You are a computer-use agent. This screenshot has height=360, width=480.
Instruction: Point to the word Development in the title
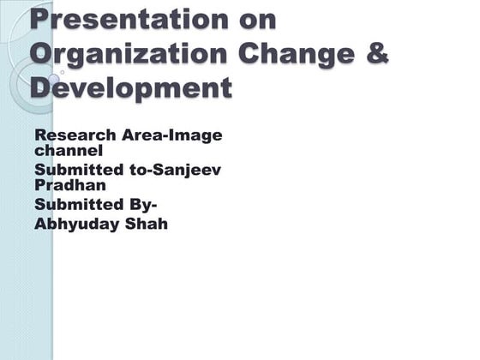[x=130, y=87]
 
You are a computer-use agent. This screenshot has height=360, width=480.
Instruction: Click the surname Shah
[x=148, y=225]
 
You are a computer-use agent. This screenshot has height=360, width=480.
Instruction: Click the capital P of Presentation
[x=39, y=18]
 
